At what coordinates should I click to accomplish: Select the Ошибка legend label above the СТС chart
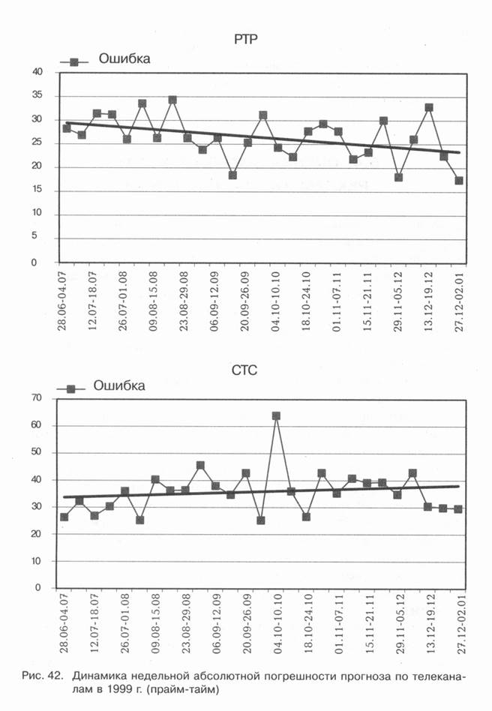(x=119, y=385)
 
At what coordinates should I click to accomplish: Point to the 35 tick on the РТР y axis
(x=37, y=96)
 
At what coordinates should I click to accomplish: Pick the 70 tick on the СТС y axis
(x=37, y=398)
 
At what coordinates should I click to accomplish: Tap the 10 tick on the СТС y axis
(x=37, y=561)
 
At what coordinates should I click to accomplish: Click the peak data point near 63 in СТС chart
(x=276, y=415)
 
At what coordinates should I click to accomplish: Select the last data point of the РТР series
(x=458, y=181)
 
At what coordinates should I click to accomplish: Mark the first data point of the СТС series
(x=64, y=517)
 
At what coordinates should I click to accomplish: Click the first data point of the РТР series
(x=67, y=128)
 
